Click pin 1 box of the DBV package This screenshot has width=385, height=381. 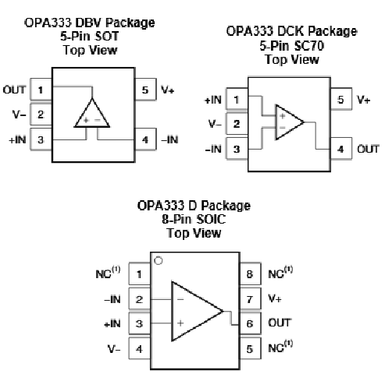pos(41,89)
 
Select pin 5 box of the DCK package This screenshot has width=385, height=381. pos(341,99)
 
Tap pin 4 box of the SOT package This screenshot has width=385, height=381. pos(145,139)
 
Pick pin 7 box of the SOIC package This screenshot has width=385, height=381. pos(250,298)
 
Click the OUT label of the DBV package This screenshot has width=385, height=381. pos(14,90)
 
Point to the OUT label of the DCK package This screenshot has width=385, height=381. pos(368,149)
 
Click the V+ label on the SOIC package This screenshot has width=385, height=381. pos(275,298)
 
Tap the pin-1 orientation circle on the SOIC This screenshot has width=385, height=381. pos(159,260)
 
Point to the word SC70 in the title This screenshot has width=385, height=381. pos(309,46)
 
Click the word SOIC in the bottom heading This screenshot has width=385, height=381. pos(211,219)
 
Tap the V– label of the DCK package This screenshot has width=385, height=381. pos(215,124)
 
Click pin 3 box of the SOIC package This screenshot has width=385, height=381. pos(139,323)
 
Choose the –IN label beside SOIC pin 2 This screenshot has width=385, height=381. pos(112,299)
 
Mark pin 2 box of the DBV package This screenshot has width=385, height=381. pos(41,115)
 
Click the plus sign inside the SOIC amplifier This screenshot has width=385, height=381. pos(180,323)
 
